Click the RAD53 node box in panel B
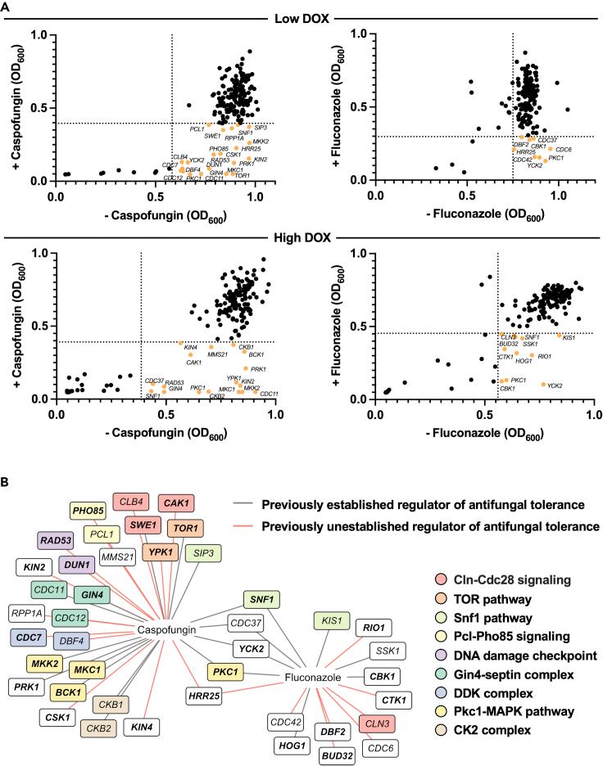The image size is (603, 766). (52, 539)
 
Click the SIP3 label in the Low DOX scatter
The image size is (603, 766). (261, 128)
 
